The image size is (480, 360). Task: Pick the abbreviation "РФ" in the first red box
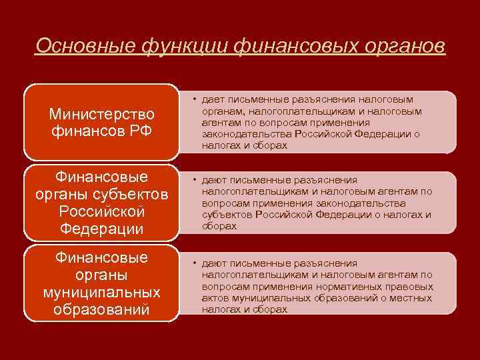tap(142, 132)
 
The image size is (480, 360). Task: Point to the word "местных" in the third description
tap(413, 297)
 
